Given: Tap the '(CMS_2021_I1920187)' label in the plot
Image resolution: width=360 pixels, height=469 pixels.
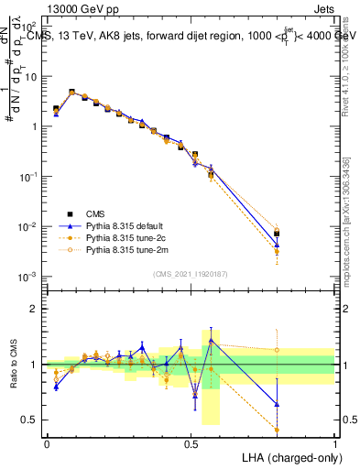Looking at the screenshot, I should pos(190,273).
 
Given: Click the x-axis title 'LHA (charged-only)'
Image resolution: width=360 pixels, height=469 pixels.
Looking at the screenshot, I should pos(290,456).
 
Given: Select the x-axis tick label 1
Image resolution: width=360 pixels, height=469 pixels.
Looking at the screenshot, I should pos(334,443).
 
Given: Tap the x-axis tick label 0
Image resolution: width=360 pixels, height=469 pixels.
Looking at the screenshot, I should pos(47,443).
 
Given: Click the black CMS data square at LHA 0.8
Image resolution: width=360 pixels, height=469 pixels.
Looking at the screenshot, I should pos(277,234).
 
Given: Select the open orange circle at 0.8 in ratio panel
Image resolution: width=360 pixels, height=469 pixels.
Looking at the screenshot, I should pos(277,349).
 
